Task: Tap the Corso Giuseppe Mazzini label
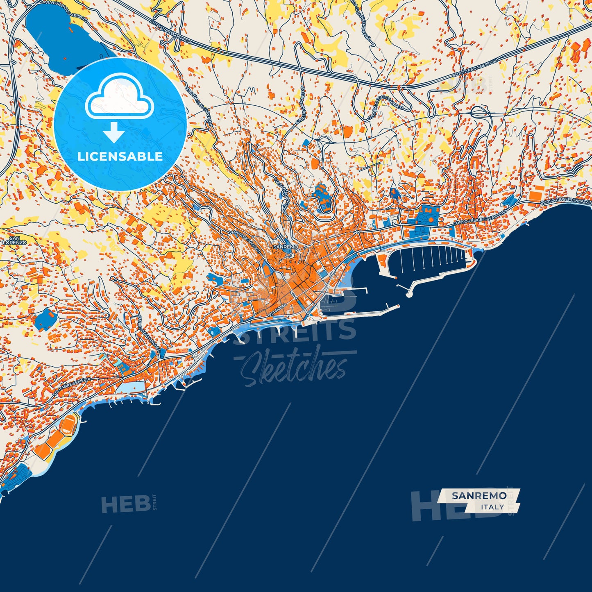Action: (565, 200)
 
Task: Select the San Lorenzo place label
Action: (15, 240)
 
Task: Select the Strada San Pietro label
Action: (301, 104)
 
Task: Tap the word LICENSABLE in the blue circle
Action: (120, 157)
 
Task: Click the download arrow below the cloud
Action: (114, 133)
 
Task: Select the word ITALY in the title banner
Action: (492, 507)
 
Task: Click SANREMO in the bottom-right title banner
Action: (479, 496)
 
